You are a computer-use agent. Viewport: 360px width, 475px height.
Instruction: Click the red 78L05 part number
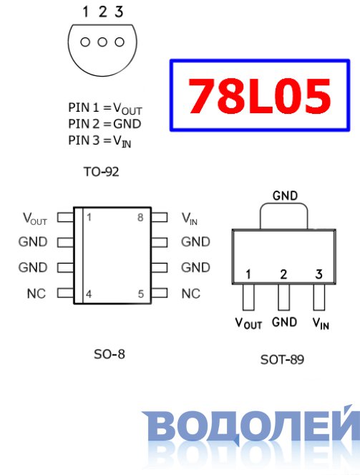click(259, 96)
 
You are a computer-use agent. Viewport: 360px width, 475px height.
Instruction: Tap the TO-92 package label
click(102, 172)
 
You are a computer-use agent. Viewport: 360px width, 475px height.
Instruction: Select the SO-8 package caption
click(110, 354)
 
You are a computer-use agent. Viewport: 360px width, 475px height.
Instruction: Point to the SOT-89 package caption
click(282, 360)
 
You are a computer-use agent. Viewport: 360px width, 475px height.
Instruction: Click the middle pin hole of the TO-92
click(102, 42)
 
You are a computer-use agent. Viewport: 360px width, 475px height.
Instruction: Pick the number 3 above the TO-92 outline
click(119, 11)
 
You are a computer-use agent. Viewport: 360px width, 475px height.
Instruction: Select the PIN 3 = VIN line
click(99, 141)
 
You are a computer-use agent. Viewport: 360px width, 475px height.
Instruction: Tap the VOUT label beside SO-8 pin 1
click(35, 219)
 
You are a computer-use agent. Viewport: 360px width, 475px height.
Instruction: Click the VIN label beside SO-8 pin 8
click(190, 219)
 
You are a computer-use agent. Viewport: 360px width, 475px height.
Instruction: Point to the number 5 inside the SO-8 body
click(141, 294)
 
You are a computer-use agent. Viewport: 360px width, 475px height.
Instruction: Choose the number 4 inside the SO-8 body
click(89, 294)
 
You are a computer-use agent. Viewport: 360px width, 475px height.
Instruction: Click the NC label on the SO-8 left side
click(37, 294)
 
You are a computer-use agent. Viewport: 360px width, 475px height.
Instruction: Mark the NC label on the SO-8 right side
click(191, 294)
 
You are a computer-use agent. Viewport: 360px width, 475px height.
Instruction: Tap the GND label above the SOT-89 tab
click(285, 196)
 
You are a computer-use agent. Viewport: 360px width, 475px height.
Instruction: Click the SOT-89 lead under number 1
click(248, 297)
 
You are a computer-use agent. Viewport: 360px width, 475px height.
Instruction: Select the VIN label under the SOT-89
click(321, 323)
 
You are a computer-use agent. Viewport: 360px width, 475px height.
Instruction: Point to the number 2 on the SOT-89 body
click(283, 274)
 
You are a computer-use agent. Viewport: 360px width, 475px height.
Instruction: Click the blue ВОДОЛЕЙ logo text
click(251, 426)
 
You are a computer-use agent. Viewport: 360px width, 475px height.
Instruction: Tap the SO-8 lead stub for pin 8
click(160, 217)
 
